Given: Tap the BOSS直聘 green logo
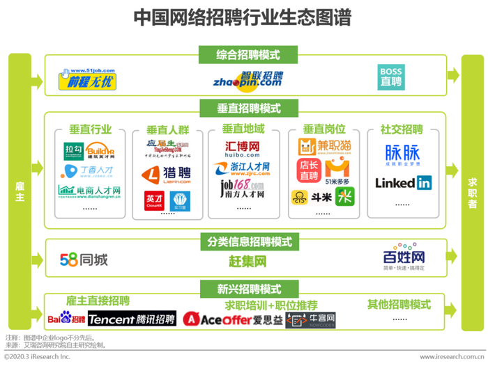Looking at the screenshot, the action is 390,77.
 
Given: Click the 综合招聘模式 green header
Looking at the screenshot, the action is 244,55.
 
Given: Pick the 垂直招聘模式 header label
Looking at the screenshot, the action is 244,109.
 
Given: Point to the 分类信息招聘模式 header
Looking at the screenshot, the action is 244,242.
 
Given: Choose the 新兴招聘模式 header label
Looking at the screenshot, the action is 244,289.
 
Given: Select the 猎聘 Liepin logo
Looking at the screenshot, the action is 167,173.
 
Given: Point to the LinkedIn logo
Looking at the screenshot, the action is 403,183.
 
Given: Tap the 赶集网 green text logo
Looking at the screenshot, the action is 247,262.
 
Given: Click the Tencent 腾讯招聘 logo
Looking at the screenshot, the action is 132,319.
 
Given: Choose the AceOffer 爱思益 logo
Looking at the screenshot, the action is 233,319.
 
